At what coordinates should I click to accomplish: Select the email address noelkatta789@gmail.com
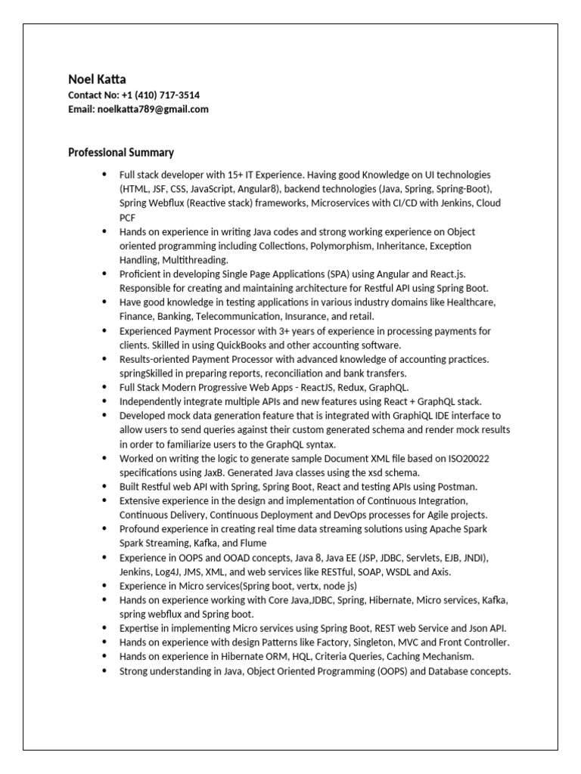(x=153, y=109)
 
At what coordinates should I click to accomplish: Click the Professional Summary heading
(x=121, y=152)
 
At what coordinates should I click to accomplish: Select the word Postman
(x=456, y=487)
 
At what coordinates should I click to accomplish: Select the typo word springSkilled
(x=148, y=373)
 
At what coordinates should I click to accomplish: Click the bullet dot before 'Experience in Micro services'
(x=104, y=586)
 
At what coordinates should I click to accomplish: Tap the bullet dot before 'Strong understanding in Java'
(x=104, y=671)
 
